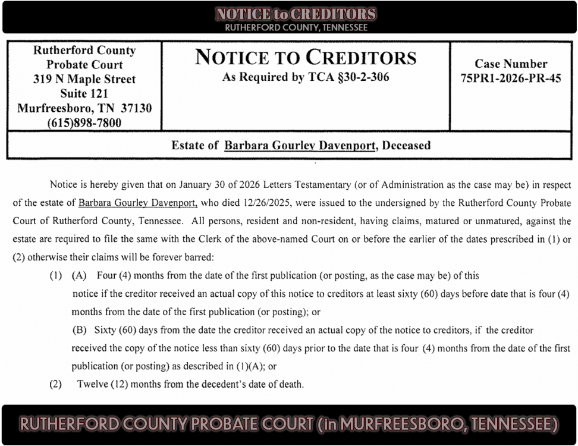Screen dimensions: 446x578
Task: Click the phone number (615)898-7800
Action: click(x=84, y=123)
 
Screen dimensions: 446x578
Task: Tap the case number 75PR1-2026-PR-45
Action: click(x=511, y=78)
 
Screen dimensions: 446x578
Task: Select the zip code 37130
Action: click(x=136, y=108)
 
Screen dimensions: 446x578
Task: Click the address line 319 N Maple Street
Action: click(x=84, y=79)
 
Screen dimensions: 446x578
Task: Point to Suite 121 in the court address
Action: click(x=84, y=93)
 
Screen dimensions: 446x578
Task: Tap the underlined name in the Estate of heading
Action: click(x=300, y=145)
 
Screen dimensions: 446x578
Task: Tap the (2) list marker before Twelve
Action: click(x=56, y=384)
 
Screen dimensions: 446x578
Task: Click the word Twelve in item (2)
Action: click(x=92, y=384)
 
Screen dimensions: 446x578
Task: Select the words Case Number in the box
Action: click(x=511, y=64)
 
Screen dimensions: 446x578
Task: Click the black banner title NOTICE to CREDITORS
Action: click(x=296, y=14)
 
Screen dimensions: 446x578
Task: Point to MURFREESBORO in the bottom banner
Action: click(x=400, y=424)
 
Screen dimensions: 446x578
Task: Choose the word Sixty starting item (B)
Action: click(x=106, y=330)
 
